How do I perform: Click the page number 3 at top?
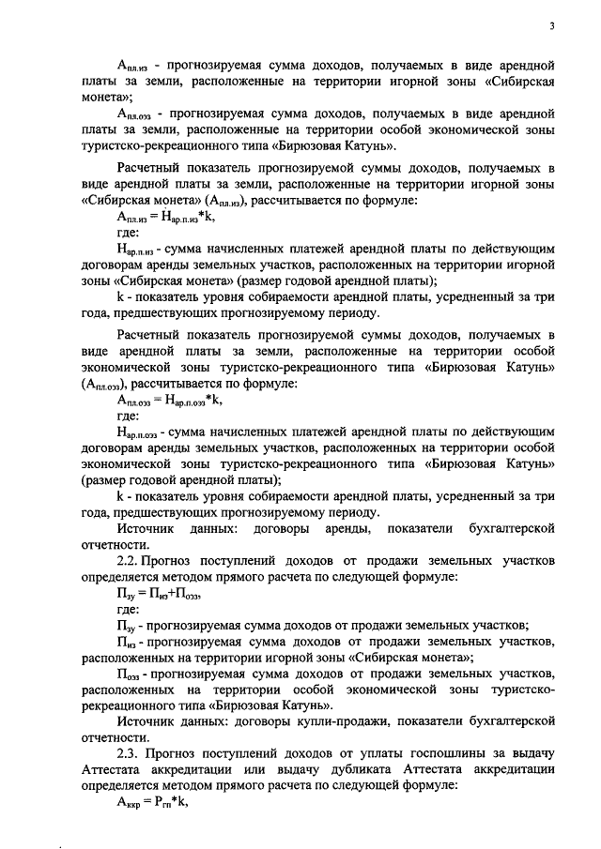click(553, 26)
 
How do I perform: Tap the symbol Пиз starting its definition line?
click(126, 643)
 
